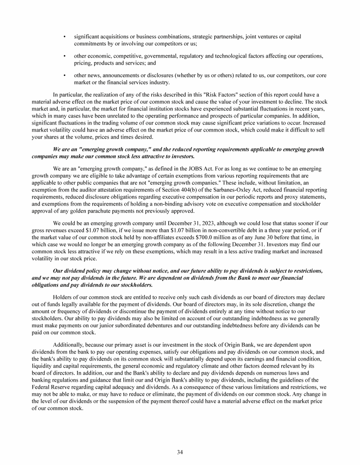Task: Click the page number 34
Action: pos(180,452)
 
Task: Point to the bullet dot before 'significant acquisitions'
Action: pos(64,37)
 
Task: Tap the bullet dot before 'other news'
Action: pos(64,75)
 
